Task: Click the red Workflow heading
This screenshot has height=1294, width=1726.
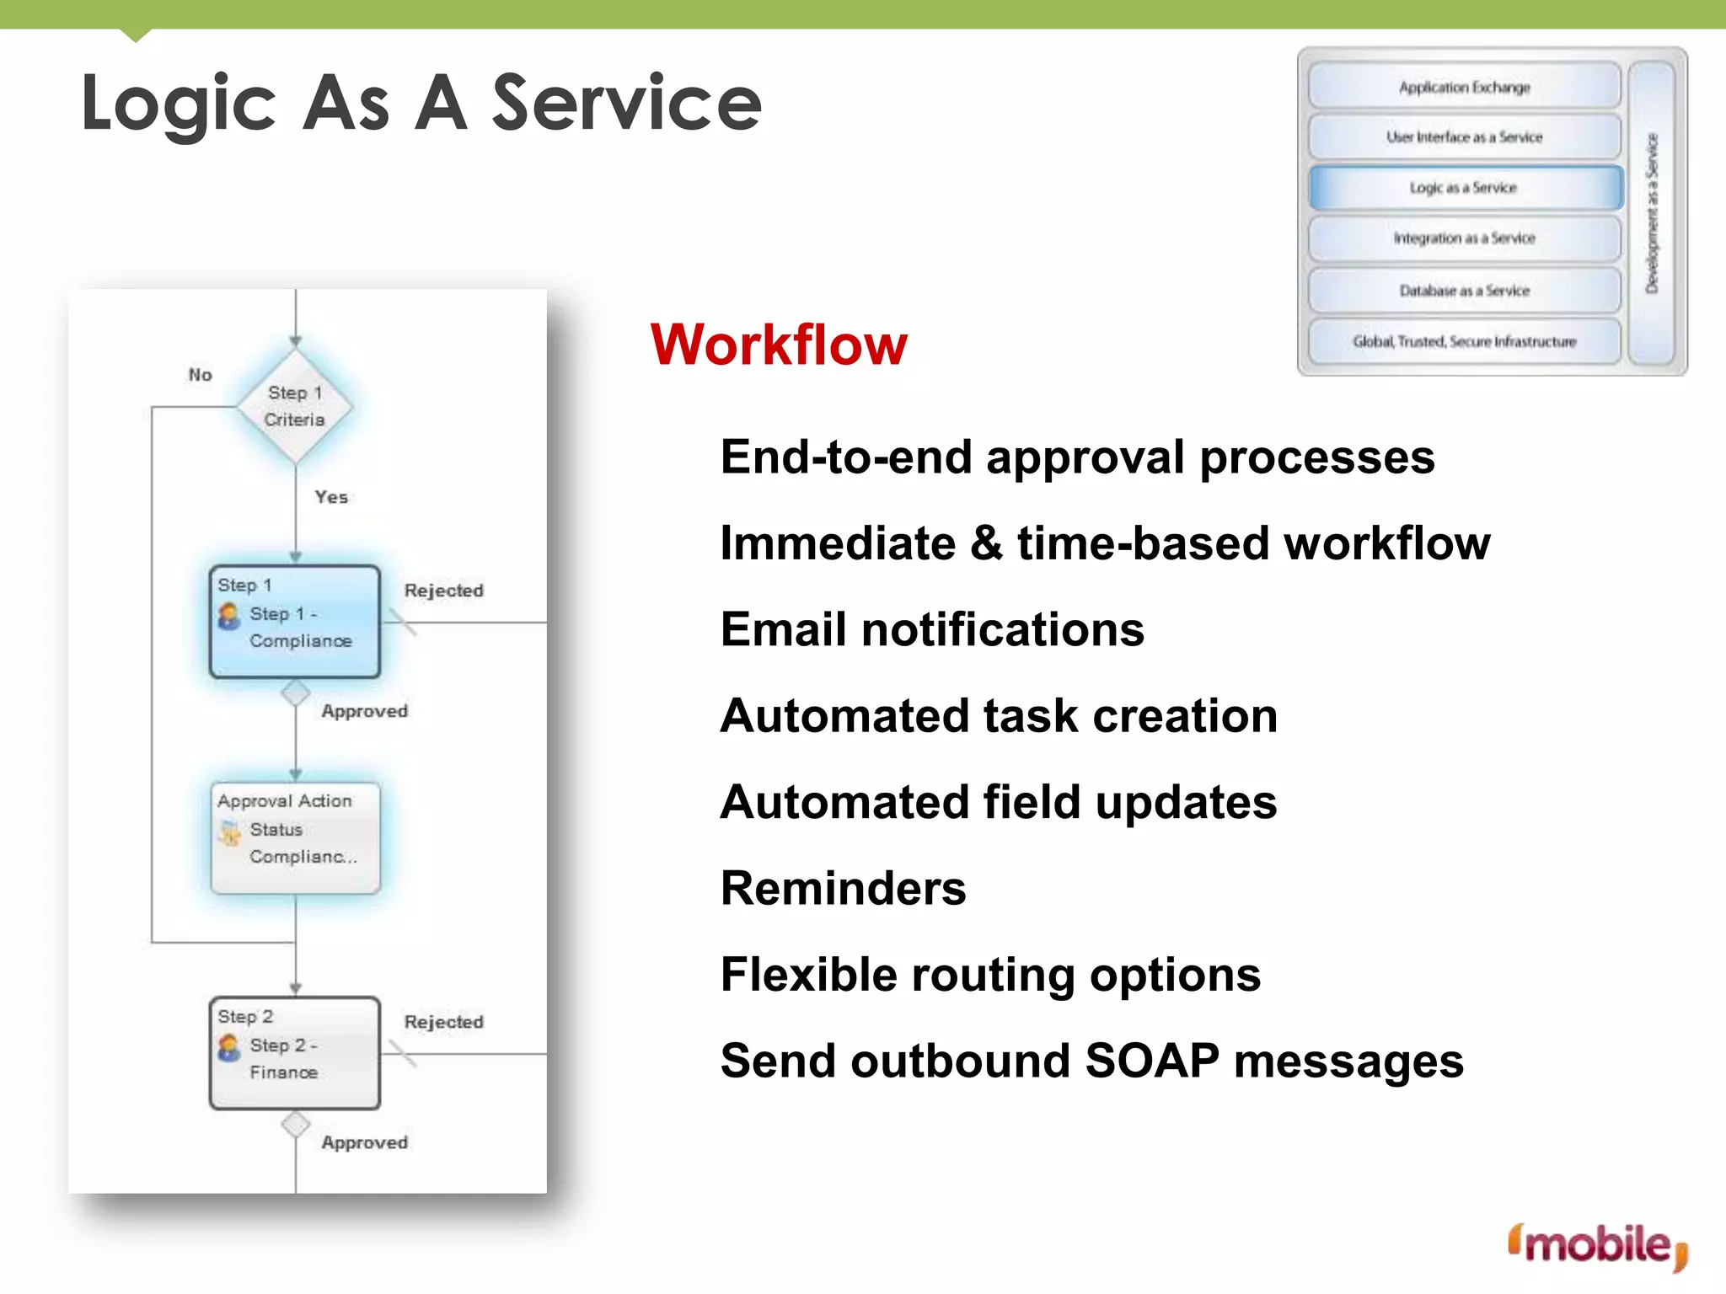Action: [x=779, y=345]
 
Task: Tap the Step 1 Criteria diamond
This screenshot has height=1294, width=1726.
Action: [x=295, y=406]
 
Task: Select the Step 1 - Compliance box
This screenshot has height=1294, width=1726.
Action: [x=295, y=622]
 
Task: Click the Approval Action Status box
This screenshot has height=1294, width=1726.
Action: [x=295, y=837]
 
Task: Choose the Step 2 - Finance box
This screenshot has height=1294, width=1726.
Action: [x=295, y=1053]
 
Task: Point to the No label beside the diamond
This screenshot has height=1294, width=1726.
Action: [x=200, y=375]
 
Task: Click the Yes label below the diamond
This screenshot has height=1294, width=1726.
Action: [x=331, y=497]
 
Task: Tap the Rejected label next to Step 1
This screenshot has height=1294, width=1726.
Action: [x=443, y=591]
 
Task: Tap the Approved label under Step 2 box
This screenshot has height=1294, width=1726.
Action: [x=364, y=1142]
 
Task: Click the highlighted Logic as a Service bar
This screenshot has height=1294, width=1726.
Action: [x=1465, y=188]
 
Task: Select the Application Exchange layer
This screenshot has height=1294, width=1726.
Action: [x=1465, y=87]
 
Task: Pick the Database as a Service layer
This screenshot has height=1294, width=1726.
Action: [x=1465, y=291]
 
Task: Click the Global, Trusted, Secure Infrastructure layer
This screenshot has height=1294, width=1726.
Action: [x=1465, y=341]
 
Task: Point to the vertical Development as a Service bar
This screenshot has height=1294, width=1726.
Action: [x=1652, y=212]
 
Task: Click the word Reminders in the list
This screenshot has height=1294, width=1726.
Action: [x=843, y=888]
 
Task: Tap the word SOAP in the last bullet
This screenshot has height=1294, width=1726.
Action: [x=1151, y=1061]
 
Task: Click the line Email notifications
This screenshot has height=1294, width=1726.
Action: [x=932, y=629]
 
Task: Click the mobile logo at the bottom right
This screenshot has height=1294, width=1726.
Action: [x=1597, y=1245]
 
